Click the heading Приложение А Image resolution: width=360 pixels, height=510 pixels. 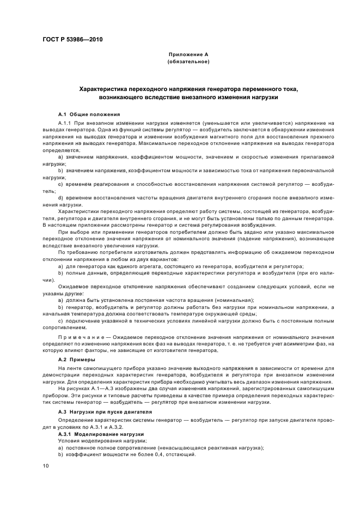pyautogui.click(x=188, y=56)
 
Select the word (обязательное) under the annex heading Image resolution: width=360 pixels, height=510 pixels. pyautogui.click(x=188, y=62)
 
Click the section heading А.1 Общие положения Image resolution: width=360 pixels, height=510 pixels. pyautogui.click(x=88, y=114)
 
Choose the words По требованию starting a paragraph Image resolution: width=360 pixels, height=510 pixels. pyautogui.click(x=76, y=252)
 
